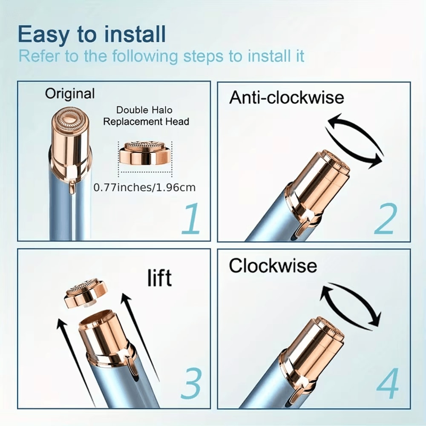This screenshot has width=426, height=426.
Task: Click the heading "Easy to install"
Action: (x=92, y=35)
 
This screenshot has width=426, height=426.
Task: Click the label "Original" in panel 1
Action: (x=70, y=94)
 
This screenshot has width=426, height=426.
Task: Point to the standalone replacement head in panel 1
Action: (x=145, y=153)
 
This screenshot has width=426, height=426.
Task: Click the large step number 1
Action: (x=190, y=219)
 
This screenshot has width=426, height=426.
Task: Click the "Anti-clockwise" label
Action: (x=286, y=98)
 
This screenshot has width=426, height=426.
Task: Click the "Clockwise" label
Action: (x=273, y=266)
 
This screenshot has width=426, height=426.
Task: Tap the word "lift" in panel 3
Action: (x=159, y=278)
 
